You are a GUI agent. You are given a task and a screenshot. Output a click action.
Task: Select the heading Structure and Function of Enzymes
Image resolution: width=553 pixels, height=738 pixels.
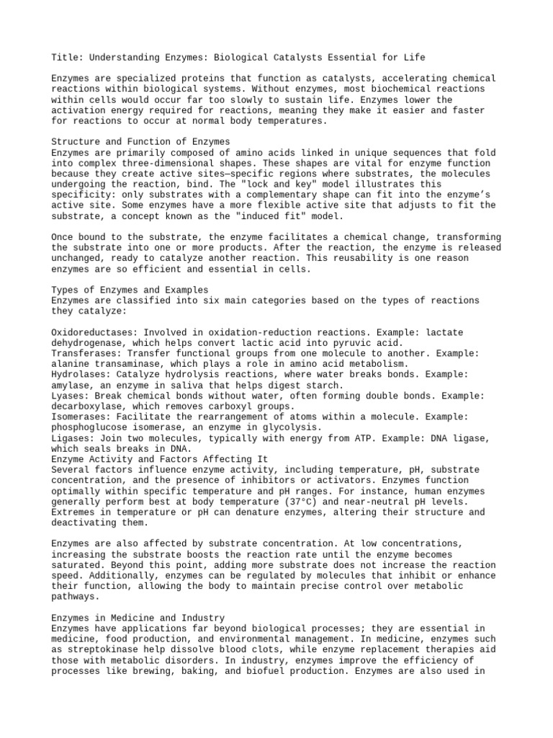click(141, 142)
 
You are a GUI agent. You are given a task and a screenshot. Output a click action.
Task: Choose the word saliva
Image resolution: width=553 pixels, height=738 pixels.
click(177, 385)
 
